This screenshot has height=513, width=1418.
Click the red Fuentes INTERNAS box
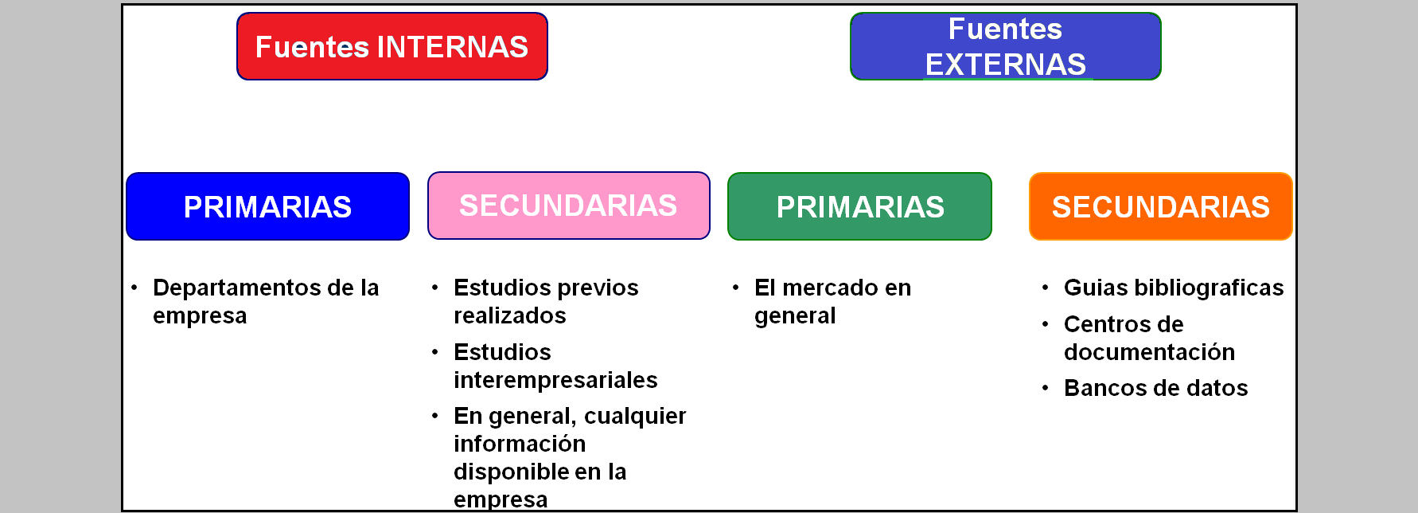[x=392, y=46]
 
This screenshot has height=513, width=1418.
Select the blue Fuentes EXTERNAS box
[x=1006, y=46]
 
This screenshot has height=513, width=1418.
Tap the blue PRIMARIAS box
[x=267, y=206]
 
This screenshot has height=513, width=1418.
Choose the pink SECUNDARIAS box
[x=568, y=206]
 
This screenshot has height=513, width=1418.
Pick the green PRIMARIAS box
[x=860, y=206]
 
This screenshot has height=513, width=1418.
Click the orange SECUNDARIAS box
[x=1161, y=206]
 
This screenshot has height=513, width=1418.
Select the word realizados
[x=510, y=315]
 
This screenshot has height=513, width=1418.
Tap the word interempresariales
[x=555, y=380]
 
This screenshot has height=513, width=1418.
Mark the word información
[x=520, y=444]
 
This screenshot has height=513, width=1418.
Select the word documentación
[x=1150, y=352]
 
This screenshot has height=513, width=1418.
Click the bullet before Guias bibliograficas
[x=1045, y=288]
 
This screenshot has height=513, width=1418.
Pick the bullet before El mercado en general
[x=736, y=288]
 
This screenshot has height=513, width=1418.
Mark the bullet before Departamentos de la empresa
[x=134, y=288]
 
